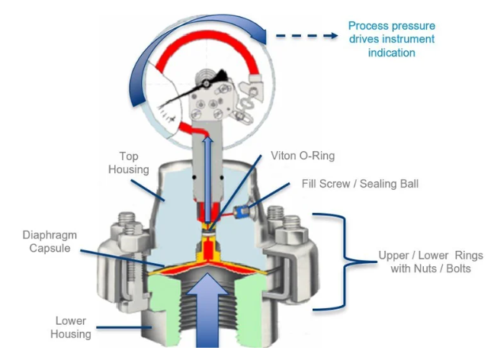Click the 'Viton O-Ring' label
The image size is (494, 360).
coord(303,156)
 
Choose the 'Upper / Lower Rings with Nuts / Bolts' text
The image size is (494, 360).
coord(431,262)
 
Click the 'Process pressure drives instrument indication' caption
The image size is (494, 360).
coord(391,39)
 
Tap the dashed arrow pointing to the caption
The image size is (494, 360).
coord(306,35)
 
